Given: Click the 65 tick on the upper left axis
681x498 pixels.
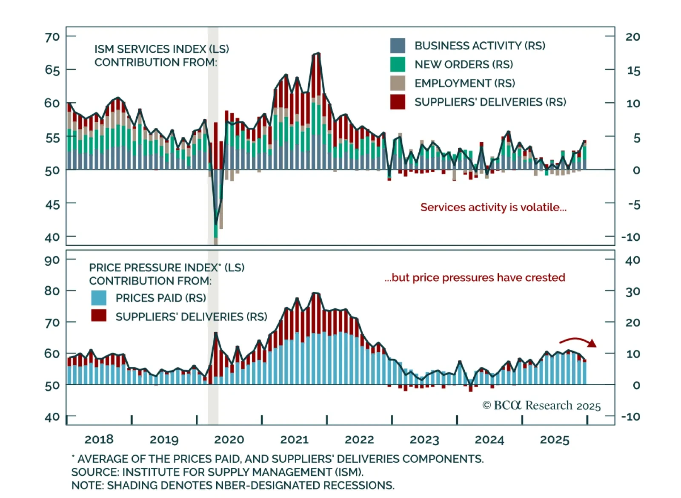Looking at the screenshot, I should [52, 69].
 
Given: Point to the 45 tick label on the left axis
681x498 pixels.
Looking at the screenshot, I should [52, 204].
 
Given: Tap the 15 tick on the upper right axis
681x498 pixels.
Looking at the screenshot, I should [633, 70].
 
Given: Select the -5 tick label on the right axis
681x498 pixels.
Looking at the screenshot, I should [634, 205].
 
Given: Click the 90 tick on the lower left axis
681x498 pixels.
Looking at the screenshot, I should [52, 260].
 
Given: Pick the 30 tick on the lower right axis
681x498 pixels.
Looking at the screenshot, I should [633, 292].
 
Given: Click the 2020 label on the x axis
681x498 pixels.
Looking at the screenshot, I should [229, 440].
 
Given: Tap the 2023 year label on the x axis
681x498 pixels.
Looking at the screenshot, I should [424, 440].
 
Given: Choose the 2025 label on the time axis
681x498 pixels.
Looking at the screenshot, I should [555, 440].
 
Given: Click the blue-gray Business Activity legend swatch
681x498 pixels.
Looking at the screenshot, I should [398, 46].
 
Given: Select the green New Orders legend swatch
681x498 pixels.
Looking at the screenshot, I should [398, 64].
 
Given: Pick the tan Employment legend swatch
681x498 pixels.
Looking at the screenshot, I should [398, 83].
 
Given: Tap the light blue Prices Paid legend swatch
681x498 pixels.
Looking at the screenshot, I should [99, 298].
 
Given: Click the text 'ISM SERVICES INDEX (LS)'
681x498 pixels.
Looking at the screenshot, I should [162, 49].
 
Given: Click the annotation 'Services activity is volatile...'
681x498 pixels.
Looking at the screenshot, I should [493, 207].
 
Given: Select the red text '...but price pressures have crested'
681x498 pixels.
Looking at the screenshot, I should [475, 278].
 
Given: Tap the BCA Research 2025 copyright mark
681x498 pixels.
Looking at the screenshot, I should [541, 406].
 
